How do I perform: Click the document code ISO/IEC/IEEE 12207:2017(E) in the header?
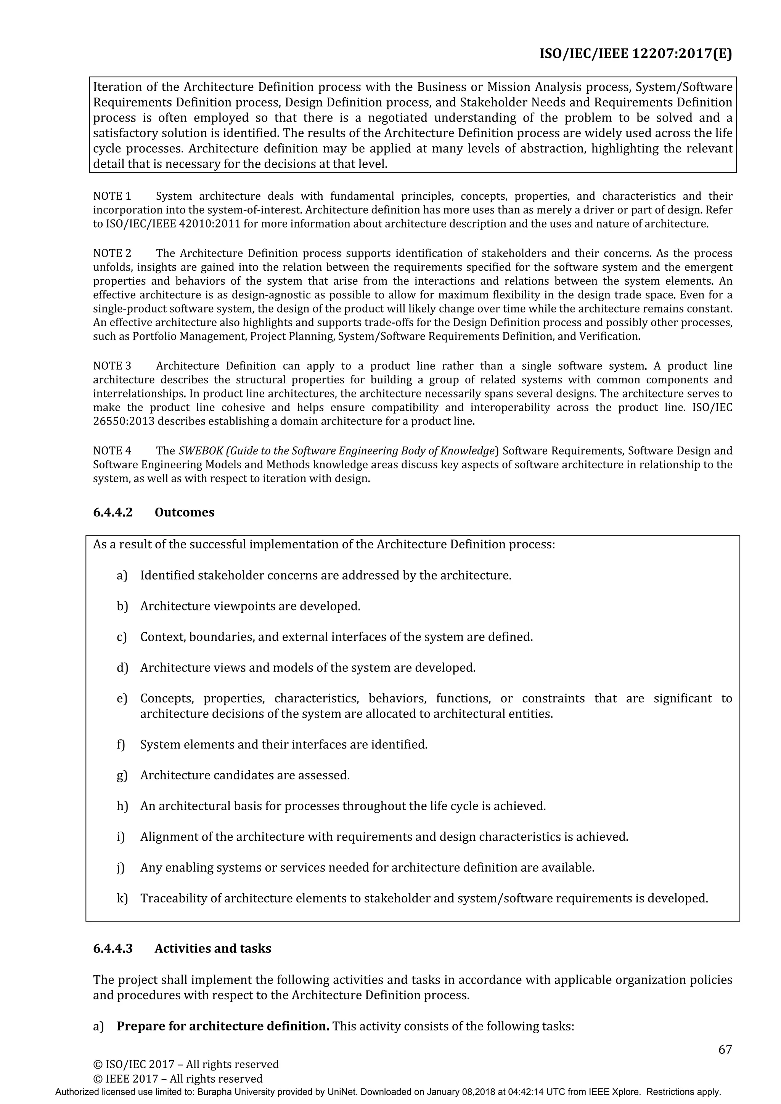(x=635, y=53)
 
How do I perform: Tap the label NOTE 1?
(x=112, y=196)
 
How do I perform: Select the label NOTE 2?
(x=112, y=253)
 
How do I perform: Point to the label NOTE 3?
(x=112, y=366)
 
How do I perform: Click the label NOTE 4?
(x=112, y=450)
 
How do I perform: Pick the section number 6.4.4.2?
(x=112, y=512)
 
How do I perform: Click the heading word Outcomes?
(x=184, y=512)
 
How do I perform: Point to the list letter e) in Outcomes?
(x=122, y=698)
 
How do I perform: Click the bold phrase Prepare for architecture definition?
(x=223, y=1026)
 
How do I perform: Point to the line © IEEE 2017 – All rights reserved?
(x=178, y=1078)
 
